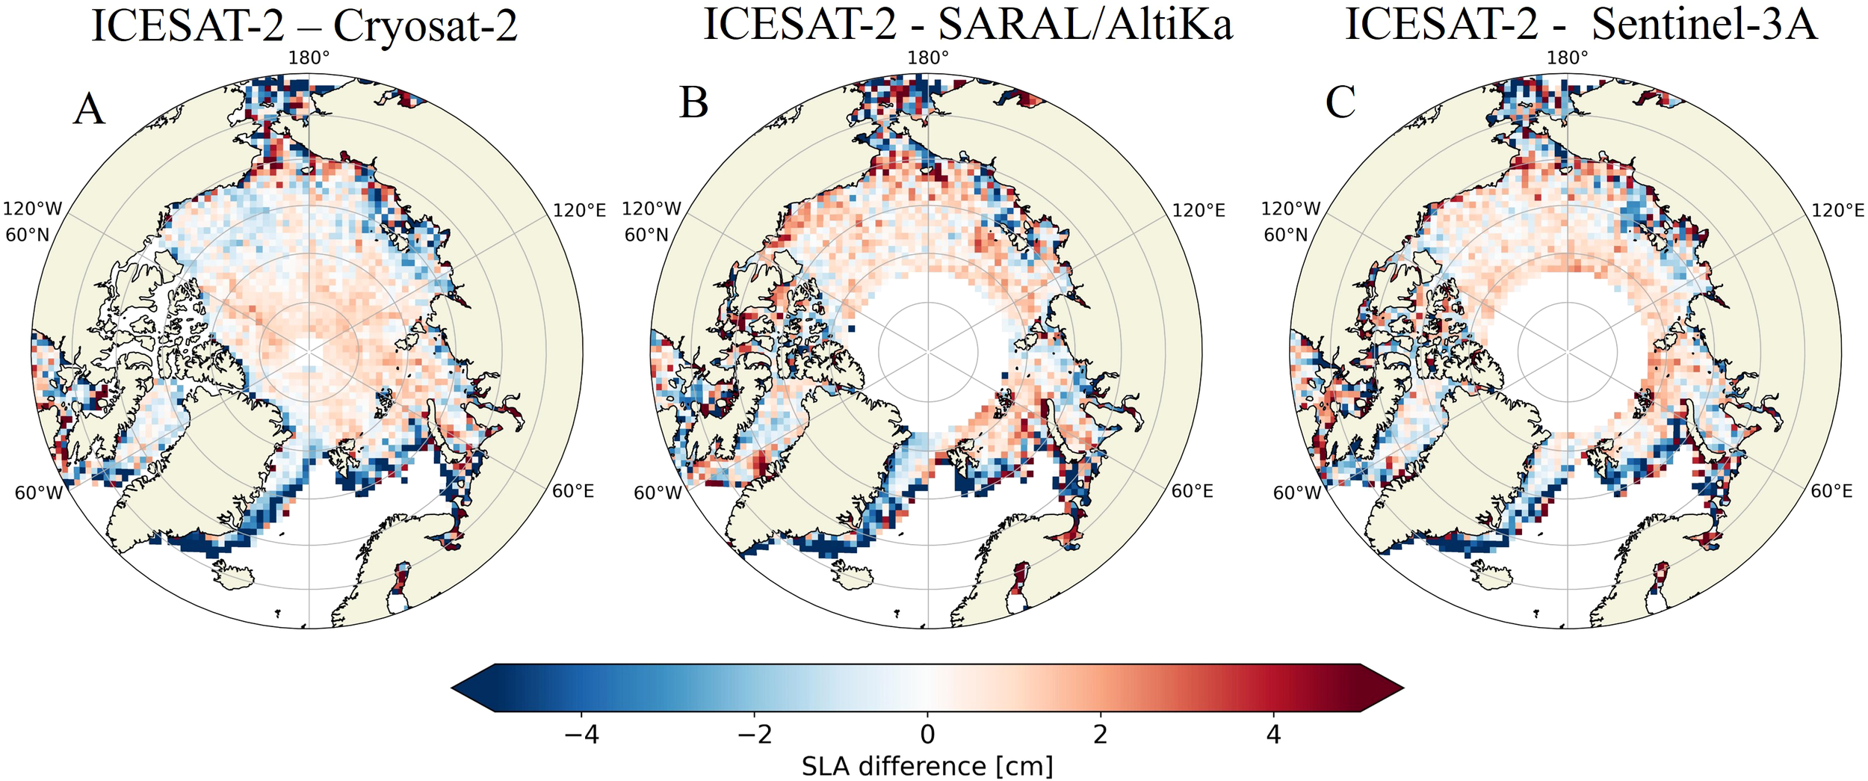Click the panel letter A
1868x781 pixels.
[x=89, y=110]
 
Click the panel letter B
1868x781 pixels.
[x=693, y=103]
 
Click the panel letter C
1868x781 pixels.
[x=1340, y=102]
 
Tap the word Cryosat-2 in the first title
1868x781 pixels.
[x=424, y=26]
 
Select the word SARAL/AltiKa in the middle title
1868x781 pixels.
[x=1085, y=25]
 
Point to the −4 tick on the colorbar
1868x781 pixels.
[x=581, y=735]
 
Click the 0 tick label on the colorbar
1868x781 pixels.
[x=927, y=735]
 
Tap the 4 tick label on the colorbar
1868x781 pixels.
[x=1273, y=735]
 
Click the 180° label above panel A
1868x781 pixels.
[x=309, y=58]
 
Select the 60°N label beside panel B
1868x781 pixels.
[x=646, y=235]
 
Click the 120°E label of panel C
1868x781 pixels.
[x=1837, y=211]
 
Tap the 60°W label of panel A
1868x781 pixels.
[x=39, y=493]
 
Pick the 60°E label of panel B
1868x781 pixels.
[x=1192, y=491]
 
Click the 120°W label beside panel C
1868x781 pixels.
[x=1290, y=209]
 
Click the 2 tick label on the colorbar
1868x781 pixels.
[x=1100, y=735]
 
